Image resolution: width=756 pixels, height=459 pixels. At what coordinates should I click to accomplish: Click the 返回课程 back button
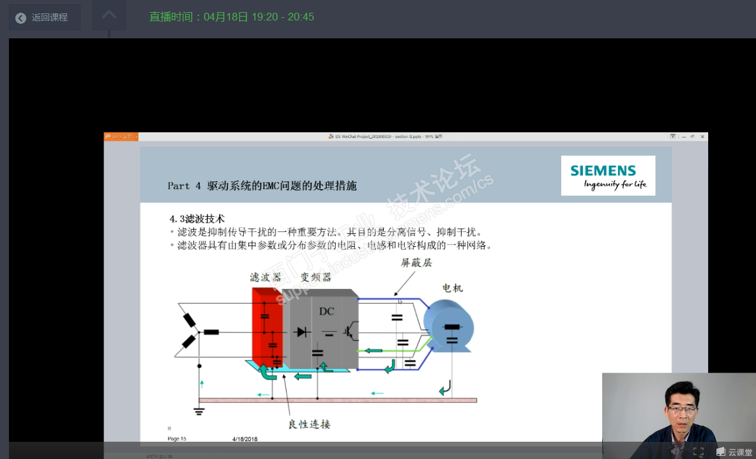tap(44, 17)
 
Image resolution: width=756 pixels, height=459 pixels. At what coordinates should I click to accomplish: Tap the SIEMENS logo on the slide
tap(608, 175)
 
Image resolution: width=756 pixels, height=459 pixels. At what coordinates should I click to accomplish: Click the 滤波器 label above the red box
tap(266, 277)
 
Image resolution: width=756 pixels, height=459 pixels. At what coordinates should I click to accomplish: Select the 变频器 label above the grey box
tap(316, 277)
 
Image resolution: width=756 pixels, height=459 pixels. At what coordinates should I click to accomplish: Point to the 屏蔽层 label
tap(416, 263)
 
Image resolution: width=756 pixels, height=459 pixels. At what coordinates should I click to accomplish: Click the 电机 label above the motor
tap(453, 288)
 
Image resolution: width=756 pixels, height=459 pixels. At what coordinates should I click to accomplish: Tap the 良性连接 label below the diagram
tap(309, 424)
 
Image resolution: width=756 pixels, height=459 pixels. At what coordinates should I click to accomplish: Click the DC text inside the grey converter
tap(326, 311)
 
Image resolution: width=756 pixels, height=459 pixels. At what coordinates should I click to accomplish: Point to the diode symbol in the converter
tap(301, 332)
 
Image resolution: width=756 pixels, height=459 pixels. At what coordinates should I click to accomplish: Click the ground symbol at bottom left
tap(199, 409)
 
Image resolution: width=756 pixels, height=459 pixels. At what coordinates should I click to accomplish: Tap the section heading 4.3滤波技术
tap(197, 219)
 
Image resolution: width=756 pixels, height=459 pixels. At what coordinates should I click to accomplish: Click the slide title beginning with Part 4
tap(262, 186)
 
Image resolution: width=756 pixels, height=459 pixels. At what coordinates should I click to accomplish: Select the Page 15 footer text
tap(177, 439)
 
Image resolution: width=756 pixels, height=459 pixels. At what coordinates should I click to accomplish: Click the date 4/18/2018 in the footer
tap(245, 439)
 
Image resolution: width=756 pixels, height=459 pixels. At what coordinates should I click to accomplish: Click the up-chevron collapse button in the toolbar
tap(109, 15)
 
